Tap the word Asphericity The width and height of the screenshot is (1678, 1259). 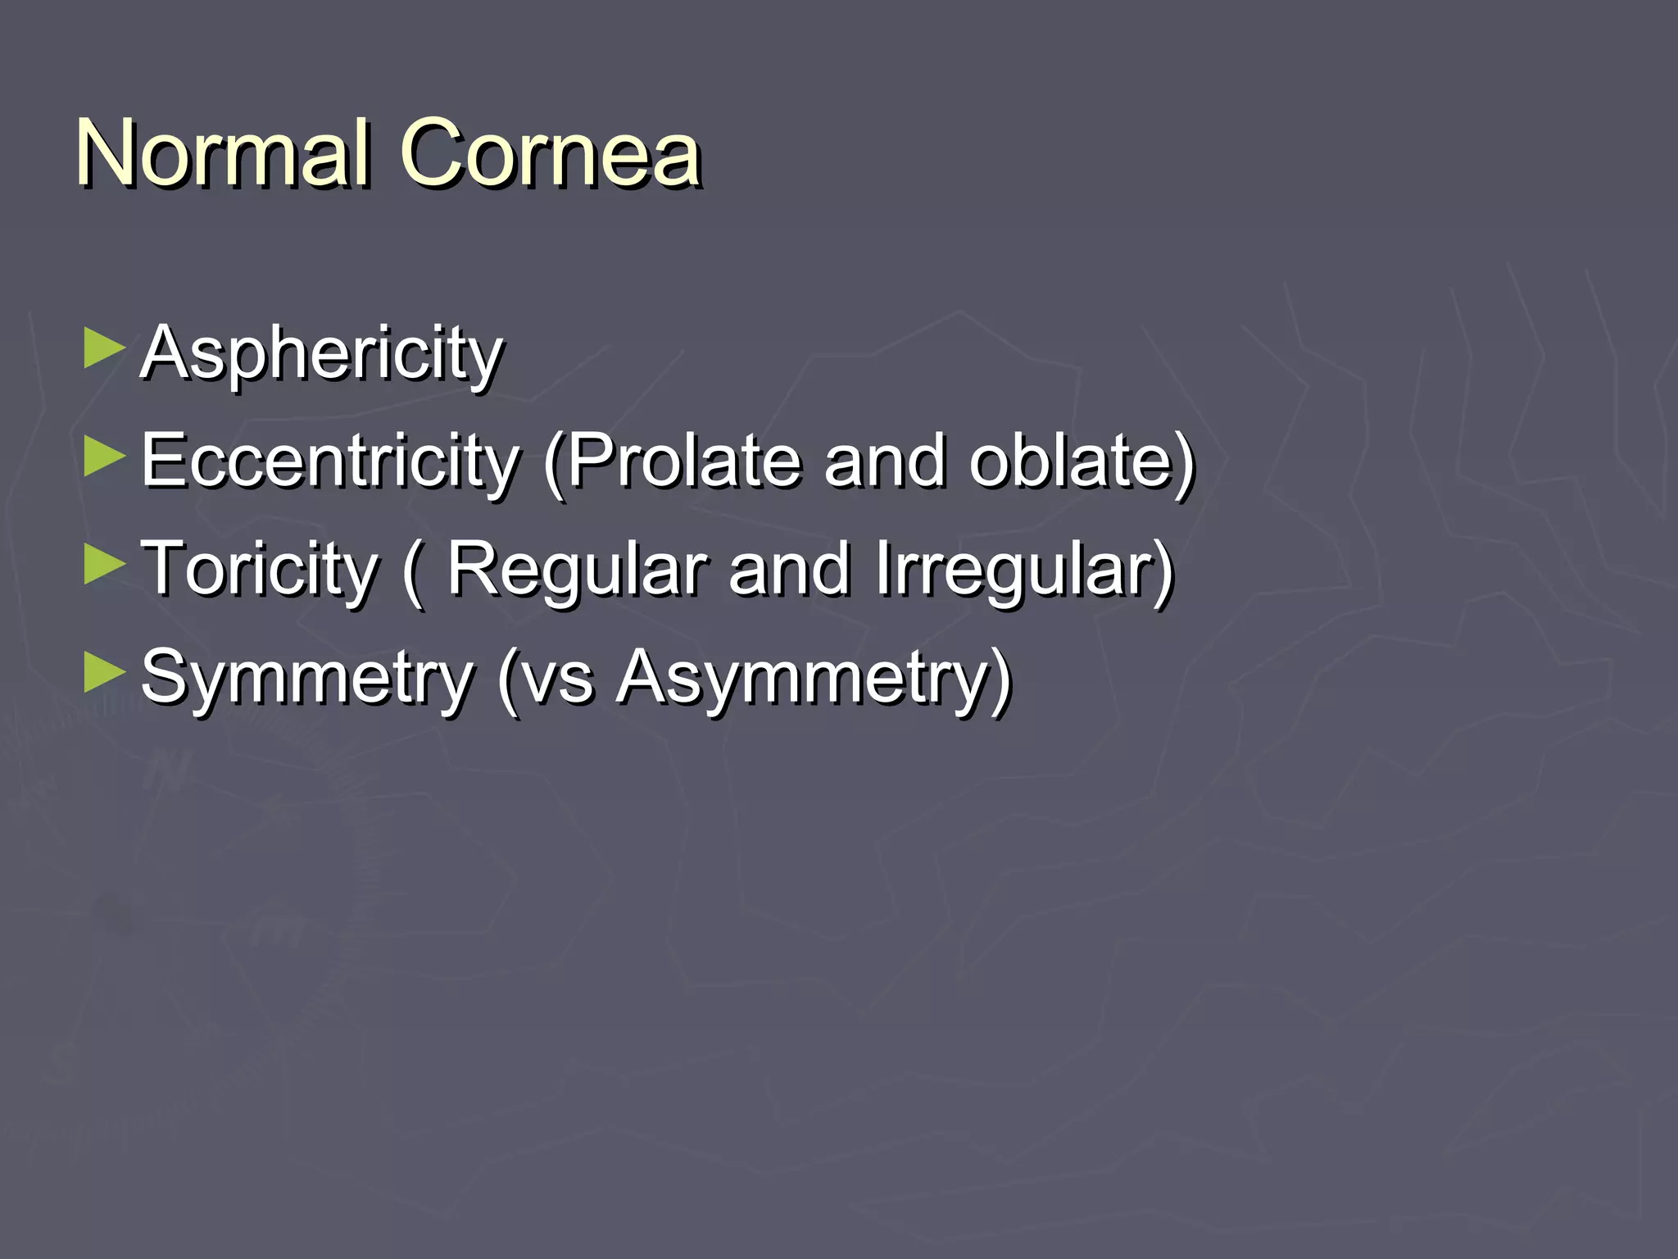click(x=321, y=353)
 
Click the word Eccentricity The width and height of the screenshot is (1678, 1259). click(x=329, y=461)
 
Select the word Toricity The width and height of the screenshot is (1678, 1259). click(x=260, y=570)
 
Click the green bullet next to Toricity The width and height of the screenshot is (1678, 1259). click(x=104, y=566)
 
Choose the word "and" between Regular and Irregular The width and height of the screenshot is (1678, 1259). click(x=789, y=570)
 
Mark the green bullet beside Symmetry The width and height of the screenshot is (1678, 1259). click(x=104, y=674)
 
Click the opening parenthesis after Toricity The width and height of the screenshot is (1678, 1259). click(x=415, y=572)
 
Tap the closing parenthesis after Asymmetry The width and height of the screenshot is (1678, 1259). click(x=1002, y=680)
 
